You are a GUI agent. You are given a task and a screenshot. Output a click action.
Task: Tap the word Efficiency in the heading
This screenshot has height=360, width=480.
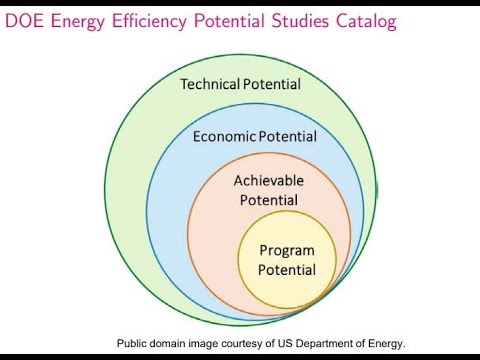(x=153, y=19)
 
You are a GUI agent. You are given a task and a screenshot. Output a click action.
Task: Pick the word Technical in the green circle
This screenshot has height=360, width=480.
(x=209, y=84)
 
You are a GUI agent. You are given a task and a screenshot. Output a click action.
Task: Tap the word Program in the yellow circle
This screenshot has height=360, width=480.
(x=287, y=250)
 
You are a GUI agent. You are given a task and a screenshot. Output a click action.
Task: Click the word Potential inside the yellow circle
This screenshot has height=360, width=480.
(x=287, y=270)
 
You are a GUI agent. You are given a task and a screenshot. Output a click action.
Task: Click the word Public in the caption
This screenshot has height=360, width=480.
(x=133, y=343)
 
